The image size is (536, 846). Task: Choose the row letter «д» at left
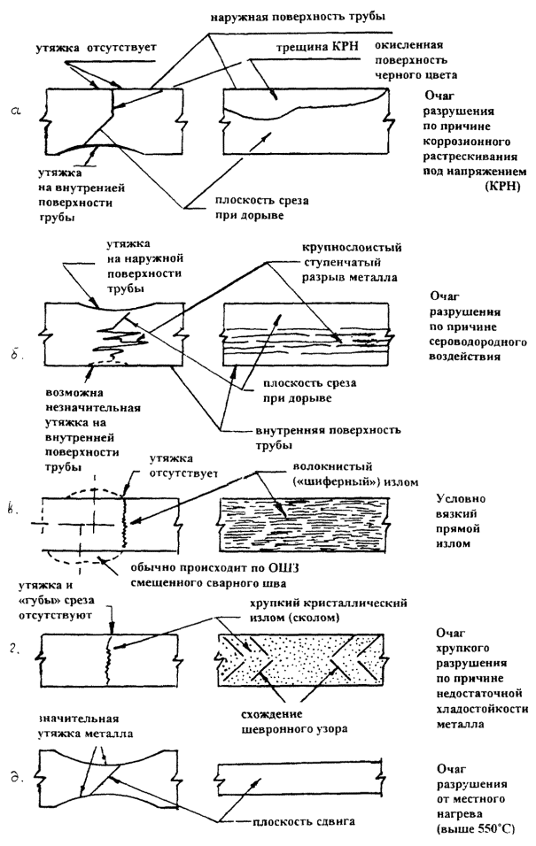coord(27,780)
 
